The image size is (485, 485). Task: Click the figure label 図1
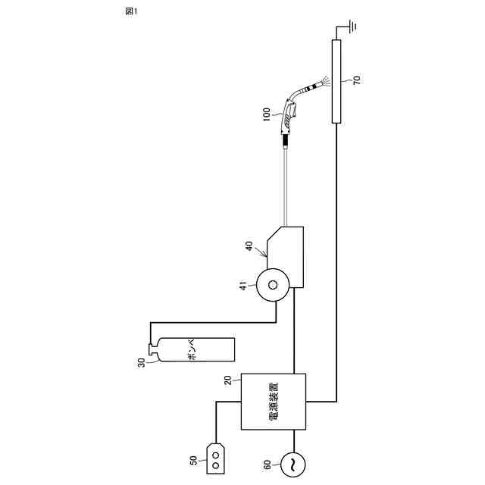coord(131,11)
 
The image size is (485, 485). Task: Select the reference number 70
coord(357,80)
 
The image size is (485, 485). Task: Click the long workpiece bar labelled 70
coord(336,81)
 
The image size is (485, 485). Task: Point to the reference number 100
coord(266,114)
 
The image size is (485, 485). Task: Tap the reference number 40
coord(249,246)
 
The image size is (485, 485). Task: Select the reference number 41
coord(244,286)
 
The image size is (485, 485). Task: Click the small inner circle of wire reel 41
coord(273,285)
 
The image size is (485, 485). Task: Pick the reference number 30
coord(141,362)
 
